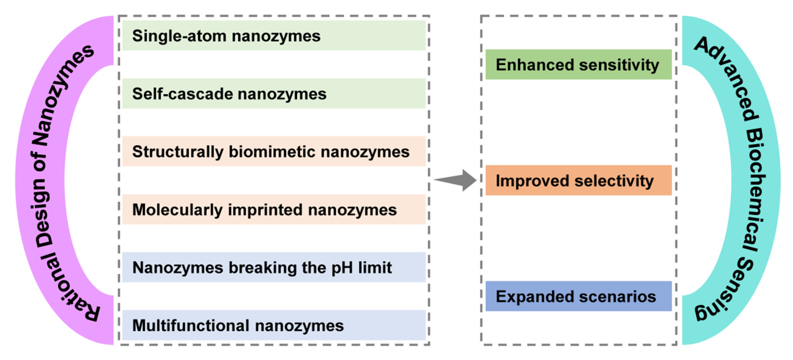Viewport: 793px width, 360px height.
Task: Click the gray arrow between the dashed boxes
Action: tap(459, 180)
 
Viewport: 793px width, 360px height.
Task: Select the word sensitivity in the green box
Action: tap(619, 65)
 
